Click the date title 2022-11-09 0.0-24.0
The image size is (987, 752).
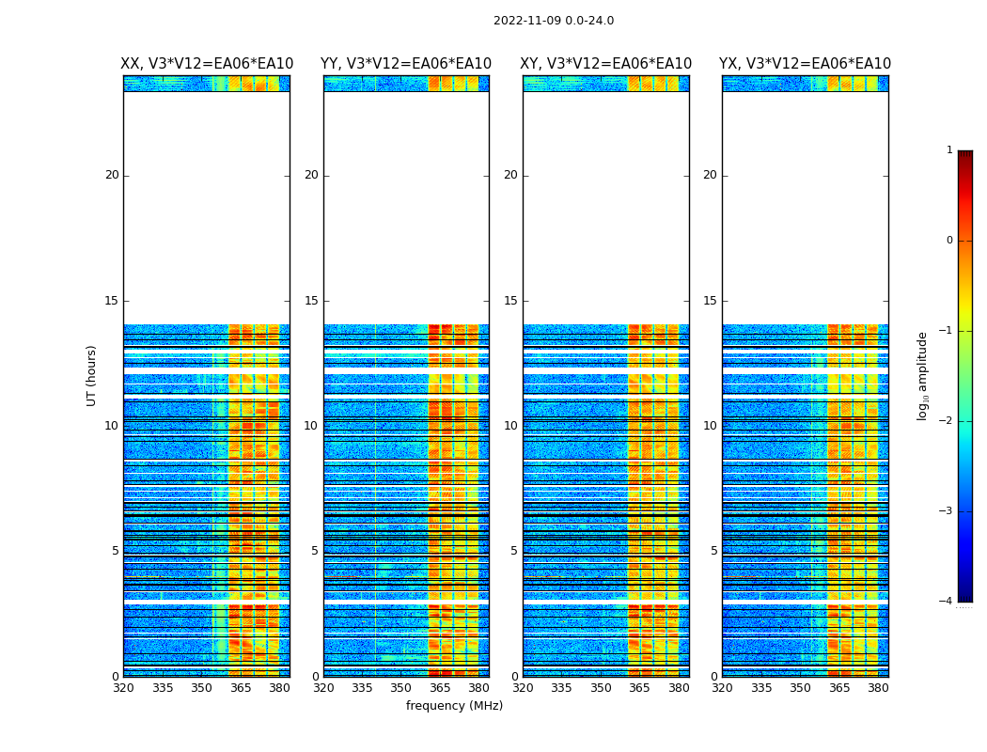click(x=553, y=21)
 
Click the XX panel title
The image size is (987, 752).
click(x=207, y=64)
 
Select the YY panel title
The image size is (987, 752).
click(x=406, y=64)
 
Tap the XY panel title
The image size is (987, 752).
click(x=606, y=64)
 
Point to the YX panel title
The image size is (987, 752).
click(x=805, y=64)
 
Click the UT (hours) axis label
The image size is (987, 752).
click(x=91, y=375)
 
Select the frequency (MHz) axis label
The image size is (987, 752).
click(x=454, y=706)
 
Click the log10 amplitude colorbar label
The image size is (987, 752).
click(x=922, y=375)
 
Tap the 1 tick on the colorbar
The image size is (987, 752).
click(x=949, y=150)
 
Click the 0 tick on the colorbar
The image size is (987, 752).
click(x=949, y=241)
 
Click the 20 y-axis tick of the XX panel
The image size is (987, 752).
click(x=112, y=175)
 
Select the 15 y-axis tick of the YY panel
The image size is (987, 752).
click(x=310, y=301)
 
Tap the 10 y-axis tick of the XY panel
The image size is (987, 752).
click(x=510, y=426)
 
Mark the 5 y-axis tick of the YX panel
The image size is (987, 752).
click(x=713, y=551)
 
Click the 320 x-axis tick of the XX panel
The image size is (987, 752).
click(x=123, y=688)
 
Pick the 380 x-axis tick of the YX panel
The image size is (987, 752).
click(x=878, y=688)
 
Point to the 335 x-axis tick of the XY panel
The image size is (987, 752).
click(x=561, y=688)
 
